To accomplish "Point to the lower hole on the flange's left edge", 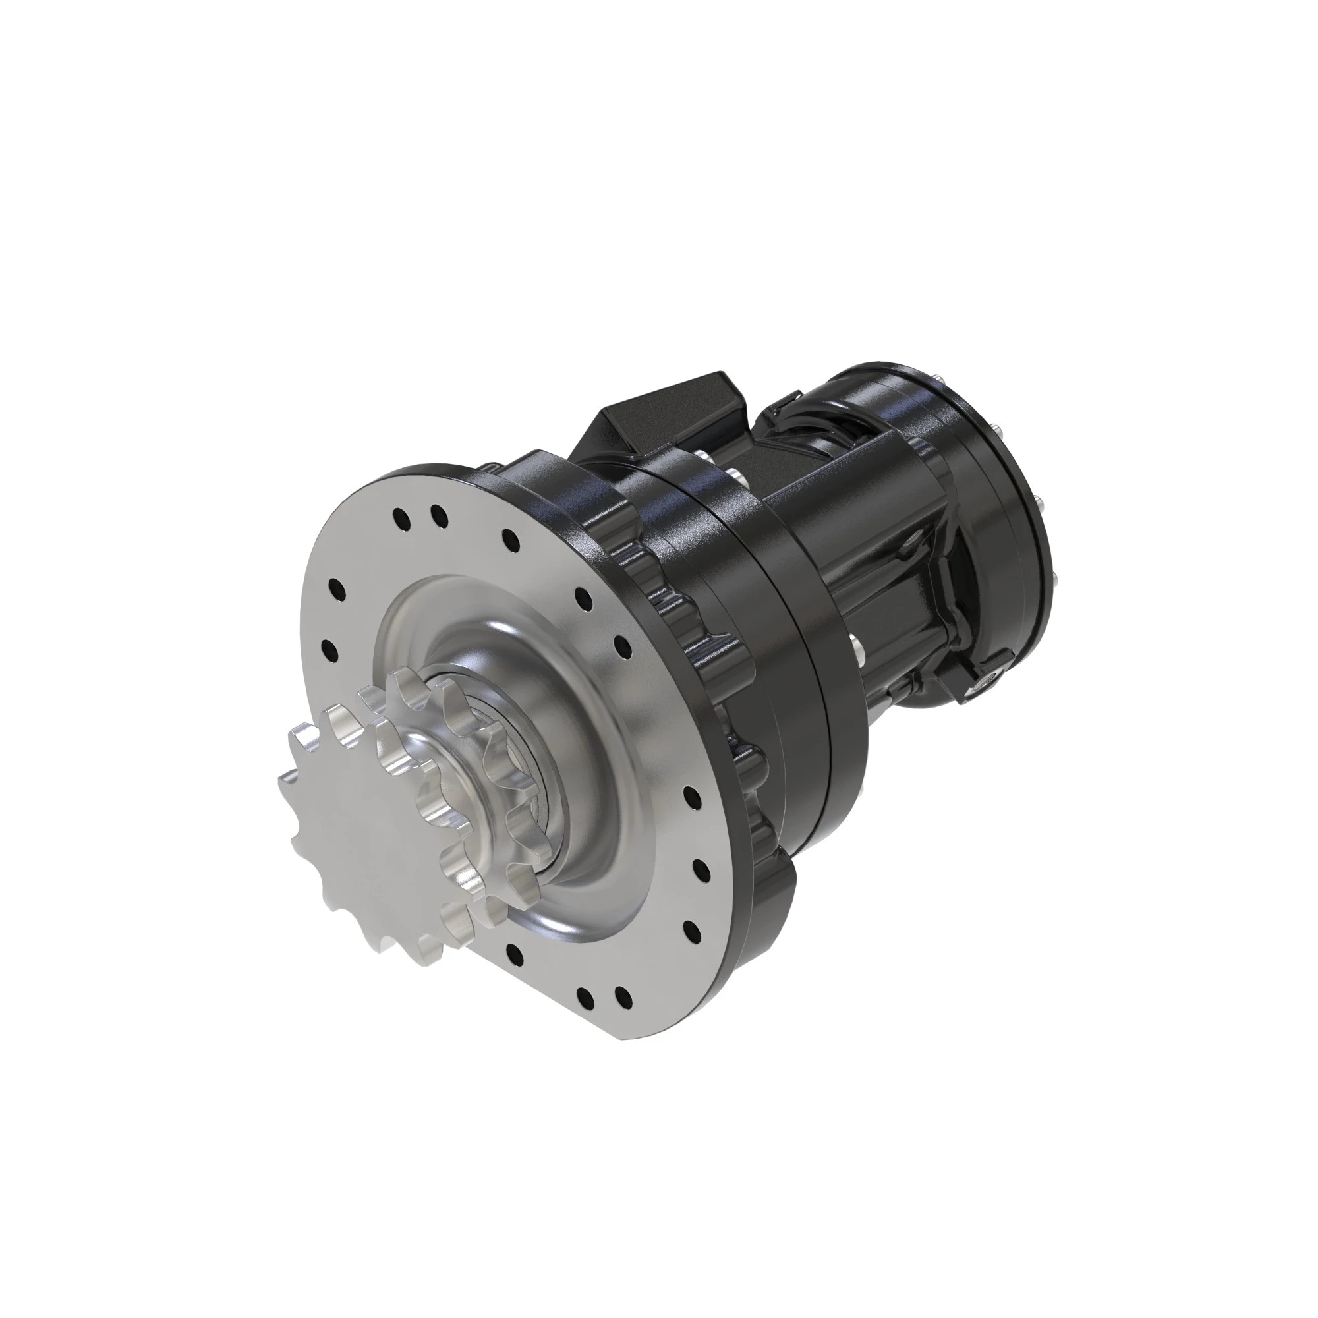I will coord(329,650).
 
